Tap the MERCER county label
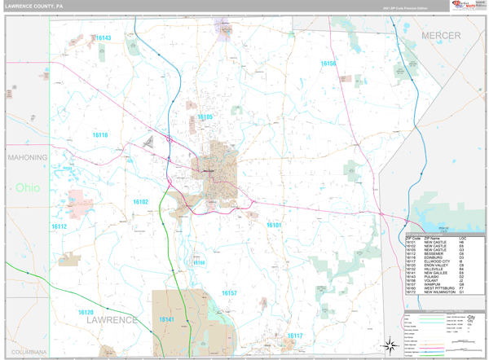pyautogui.click(x=440, y=36)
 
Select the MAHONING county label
pyautogui.click(x=27, y=156)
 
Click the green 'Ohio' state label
pyautogui.click(x=27, y=188)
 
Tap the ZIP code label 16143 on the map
pyautogui.click(x=103, y=38)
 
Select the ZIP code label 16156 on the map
pyautogui.click(x=328, y=64)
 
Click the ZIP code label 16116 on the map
pyautogui.click(x=99, y=135)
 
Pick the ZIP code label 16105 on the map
pyautogui.click(x=205, y=117)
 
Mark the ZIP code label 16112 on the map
pyautogui.click(x=59, y=226)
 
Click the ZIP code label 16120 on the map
pyautogui.click(x=86, y=312)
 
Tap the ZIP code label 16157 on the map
pyautogui.click(x=229, y=292)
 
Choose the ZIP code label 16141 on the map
pyautogui.click(x=166, y=320)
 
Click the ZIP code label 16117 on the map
pyautogui.click(x=294, y=336)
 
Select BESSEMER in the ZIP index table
pyautogui.click(x=434, y=252)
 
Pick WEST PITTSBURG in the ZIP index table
pyautogui.click(x=438, y=288)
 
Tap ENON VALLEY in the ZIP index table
pyautogui.click(x=435, y=266)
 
